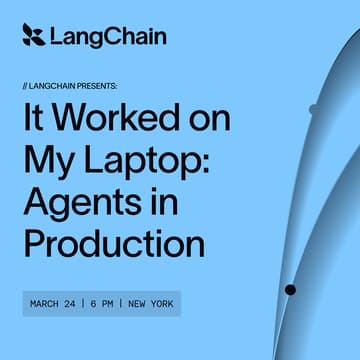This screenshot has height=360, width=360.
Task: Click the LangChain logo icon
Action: [x=33, y=36]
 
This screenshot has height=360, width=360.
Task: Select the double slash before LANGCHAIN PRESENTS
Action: [x=25, y=85]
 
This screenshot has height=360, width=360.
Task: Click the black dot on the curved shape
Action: [x=290, y=290]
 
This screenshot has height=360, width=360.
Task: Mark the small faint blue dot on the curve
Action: [x=314, y=108]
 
